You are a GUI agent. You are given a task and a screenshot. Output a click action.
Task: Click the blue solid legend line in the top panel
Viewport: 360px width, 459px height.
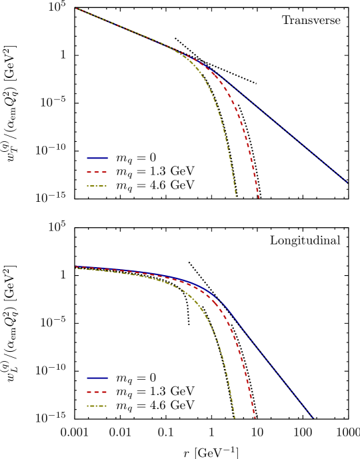click(x=97, y=159)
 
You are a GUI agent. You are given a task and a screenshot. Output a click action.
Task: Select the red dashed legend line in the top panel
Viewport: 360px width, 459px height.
click(x=97, y=172)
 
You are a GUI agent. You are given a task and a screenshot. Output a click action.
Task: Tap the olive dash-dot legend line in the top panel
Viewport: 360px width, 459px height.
click(x=97, y=186)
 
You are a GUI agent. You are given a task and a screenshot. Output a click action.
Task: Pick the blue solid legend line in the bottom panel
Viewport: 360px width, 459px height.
click(x=97, y=378)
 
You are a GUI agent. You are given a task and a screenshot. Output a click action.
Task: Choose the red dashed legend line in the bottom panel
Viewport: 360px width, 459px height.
click(x=97, y=392)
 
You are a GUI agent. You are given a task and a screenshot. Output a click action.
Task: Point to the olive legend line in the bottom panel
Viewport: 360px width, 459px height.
click(x=97, y=406)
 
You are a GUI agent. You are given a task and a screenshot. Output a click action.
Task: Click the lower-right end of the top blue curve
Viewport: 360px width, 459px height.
click(x=347, y=182)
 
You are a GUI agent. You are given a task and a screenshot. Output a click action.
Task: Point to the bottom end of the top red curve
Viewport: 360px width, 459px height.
click(x=259, y=198)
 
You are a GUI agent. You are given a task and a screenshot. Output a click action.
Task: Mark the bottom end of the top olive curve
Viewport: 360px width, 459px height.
click(x=236, y=196)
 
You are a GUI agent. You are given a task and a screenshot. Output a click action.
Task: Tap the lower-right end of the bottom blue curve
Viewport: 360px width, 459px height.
click(x=313, y=418)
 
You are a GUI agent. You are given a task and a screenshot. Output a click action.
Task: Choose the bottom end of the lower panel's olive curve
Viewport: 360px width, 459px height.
click(x=235, y=418)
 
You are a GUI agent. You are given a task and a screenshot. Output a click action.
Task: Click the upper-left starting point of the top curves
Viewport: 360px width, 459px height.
click(x=76, y=9)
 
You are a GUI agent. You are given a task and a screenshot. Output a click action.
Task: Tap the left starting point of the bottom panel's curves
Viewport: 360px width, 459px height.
click(x=76, y=268)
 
